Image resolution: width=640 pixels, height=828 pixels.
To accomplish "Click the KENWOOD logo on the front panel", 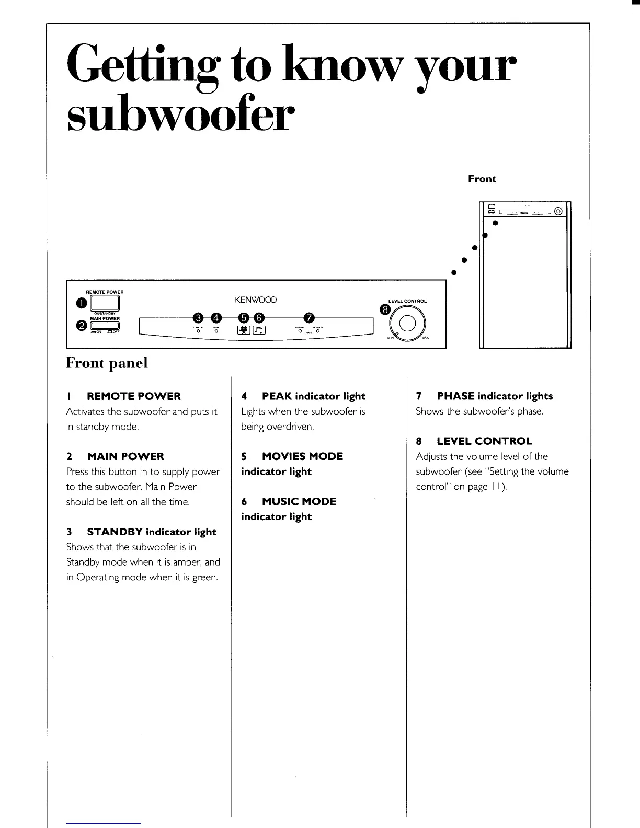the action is [256, 300].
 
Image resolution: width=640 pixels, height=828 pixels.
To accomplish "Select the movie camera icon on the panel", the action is [244, 330].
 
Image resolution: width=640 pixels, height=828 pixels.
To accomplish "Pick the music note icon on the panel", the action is [260, 330].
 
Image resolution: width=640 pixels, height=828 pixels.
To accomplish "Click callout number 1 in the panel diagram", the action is [81, 303].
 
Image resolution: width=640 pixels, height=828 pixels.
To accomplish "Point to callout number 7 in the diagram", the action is [310, 318].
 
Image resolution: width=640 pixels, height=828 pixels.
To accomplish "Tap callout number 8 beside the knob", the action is [386, 310].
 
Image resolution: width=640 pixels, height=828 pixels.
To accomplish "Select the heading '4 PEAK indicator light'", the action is [303, 396].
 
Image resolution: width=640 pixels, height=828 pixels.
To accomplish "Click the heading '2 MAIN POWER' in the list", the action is [115, 456].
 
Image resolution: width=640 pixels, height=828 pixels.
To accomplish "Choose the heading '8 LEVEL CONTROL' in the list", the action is [474, 441].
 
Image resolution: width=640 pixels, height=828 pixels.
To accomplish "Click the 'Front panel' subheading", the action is [107, 363].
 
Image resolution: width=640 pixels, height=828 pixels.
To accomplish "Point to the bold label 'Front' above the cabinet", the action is [482, 179].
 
